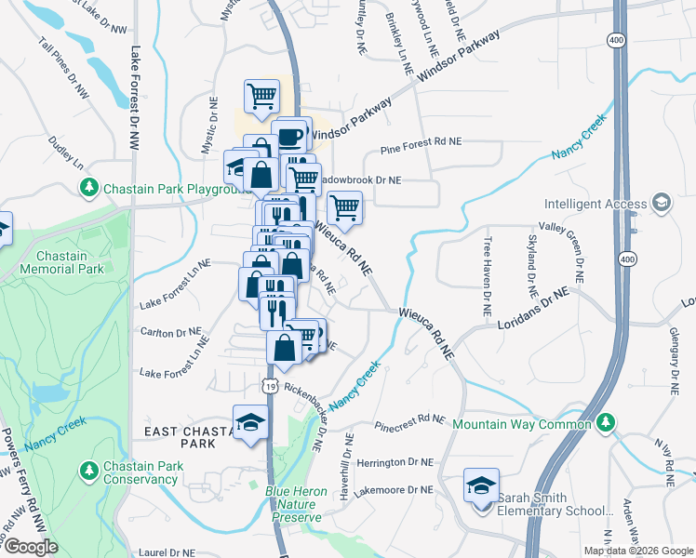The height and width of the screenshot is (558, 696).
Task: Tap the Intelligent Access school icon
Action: pyautogui.click(x=661, y=203)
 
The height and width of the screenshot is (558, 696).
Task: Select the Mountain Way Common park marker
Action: pyautogui.click(x=606, y=424)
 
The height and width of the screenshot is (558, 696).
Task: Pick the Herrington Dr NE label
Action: pyautogui.click(x=395, y=461)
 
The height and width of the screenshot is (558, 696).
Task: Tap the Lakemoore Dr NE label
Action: pyautogui.click(x=395, y=489)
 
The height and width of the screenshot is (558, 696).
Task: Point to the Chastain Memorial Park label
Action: pyautogui.click(x=69, y=262)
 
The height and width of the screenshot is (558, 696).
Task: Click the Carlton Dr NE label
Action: pyautogui.click(x=170, y=331)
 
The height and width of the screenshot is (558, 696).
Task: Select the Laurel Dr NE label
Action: pyautogui.click(x=167, y=551)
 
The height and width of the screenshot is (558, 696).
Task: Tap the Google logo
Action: pyautogui.click(x=31, y=547)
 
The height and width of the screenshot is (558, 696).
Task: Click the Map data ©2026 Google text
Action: pyautogui.click(x=637, y=551)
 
